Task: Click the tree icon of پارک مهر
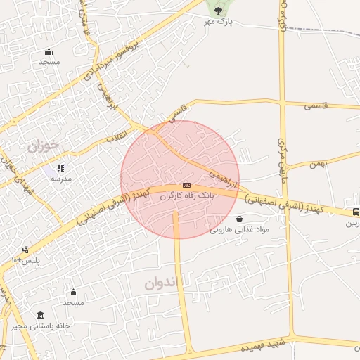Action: click(217, 10)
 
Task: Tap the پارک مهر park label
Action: click(219, 23)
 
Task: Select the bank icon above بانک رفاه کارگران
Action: click(186, 184)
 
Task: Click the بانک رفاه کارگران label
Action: click(186, 196)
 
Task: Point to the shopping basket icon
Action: click(240, 219)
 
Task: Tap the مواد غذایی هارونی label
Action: click(240, 229)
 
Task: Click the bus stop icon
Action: click(355, 212)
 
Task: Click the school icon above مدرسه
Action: click(60, 169)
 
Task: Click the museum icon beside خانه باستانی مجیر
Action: click(41, 315)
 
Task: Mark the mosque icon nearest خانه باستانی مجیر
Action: click(73, 292)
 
